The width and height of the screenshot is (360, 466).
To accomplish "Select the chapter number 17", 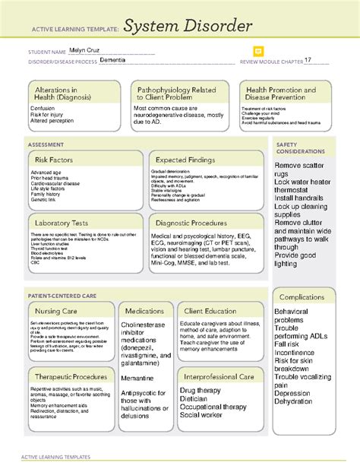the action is coord(308,60).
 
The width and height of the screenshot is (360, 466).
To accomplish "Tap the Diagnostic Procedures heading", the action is coord(191,223).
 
